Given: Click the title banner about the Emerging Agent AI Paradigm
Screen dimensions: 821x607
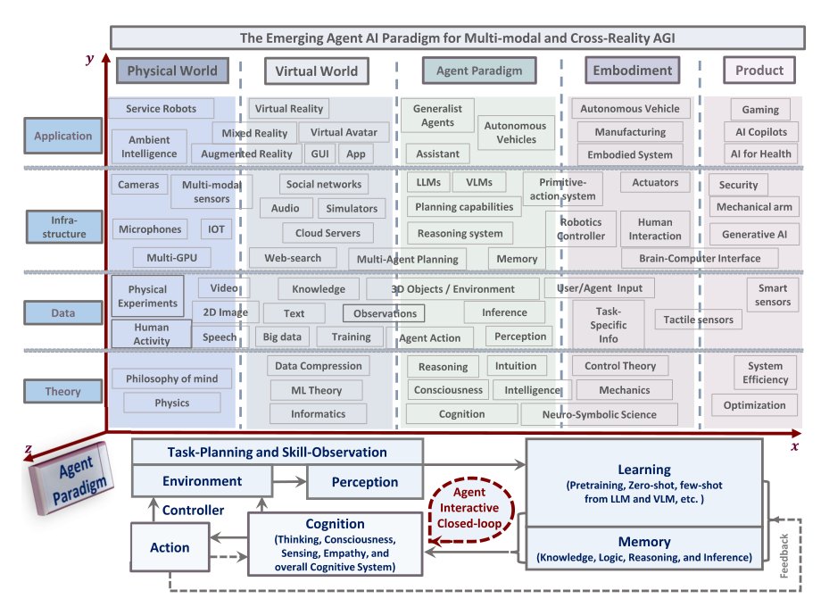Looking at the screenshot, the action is coord(457,37).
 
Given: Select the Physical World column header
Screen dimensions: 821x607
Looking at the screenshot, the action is coord(172,71).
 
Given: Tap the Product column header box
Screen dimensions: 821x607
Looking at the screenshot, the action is coord(759,71).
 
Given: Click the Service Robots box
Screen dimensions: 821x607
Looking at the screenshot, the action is coord(162,108).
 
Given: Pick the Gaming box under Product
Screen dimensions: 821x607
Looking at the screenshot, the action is coord(760,110).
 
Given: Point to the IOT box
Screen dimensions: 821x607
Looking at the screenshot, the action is coord(216,229).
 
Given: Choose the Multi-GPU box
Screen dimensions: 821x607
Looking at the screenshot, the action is coord(171,258).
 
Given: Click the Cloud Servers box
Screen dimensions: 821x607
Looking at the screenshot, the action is coord(328,233).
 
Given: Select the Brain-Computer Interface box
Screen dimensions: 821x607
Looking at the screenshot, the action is coord(700,258).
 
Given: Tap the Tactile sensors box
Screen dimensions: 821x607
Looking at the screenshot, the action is coord(698,320).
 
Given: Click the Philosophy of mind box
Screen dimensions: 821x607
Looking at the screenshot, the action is coord(171,378).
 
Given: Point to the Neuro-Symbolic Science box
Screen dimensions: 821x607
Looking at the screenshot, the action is coord(599,414).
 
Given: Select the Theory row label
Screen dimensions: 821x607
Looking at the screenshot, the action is coord(62,391).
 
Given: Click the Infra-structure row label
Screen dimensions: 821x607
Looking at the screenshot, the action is coord(64,227).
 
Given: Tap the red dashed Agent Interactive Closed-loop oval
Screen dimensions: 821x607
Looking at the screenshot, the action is coord(470,508).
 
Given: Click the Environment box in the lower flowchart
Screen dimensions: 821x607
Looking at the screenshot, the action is coord(202,481).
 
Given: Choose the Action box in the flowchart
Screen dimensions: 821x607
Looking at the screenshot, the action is coord(170,547).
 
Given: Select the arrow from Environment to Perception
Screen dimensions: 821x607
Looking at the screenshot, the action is coord(289,481).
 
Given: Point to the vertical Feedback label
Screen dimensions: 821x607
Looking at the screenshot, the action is coord(784,556).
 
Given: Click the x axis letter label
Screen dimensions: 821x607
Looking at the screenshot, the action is coord(795,446).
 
